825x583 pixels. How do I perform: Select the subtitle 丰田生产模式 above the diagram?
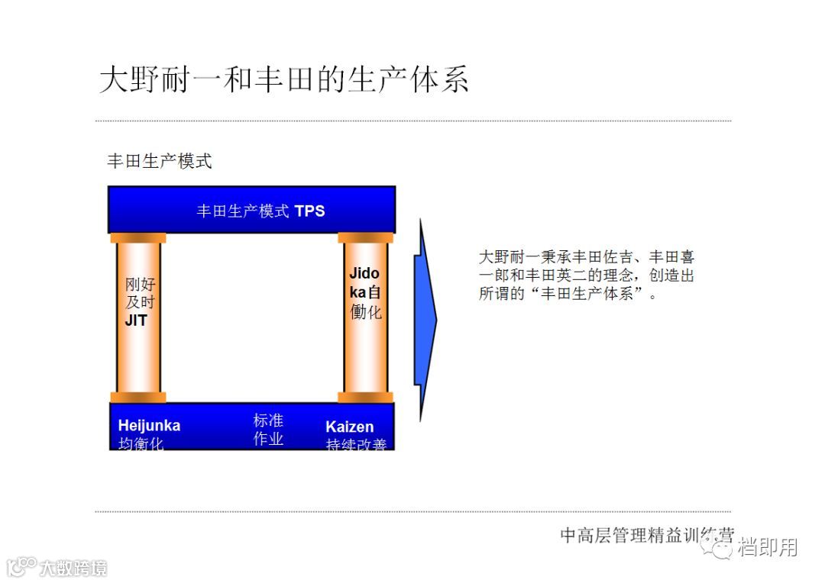point(159,161)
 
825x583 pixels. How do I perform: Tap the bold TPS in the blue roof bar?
point(309,211)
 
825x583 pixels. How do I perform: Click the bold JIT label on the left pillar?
point(136,321)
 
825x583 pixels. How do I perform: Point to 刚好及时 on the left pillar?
point(139,294)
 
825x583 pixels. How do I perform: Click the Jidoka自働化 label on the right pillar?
point(365,292)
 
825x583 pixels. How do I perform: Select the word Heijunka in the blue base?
point(149,425)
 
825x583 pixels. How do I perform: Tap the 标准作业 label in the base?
point(268,430)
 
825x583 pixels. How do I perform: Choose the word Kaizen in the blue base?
point(349,427)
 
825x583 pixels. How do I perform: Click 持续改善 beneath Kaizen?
point(356,444)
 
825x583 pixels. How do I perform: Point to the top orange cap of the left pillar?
point(138,238)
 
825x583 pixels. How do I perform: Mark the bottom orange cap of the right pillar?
point(365,398)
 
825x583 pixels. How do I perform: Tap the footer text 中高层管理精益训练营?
point(646,535)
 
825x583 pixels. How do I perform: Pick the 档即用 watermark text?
point(767,547)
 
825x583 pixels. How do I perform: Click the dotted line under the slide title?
point(412,121)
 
